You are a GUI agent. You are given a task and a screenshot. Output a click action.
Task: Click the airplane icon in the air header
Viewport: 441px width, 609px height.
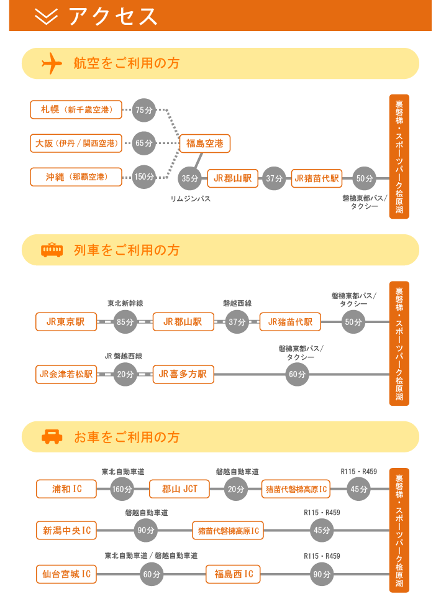coord(52,63)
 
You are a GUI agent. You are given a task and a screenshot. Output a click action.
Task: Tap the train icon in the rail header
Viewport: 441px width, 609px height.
coord(52,250)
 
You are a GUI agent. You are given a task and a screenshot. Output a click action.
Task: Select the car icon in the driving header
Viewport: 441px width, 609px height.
coord(52,436)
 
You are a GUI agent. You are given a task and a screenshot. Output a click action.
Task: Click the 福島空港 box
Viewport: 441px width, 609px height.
coord(205,144)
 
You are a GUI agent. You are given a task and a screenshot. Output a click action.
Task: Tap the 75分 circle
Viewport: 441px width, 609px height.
coord(143,110)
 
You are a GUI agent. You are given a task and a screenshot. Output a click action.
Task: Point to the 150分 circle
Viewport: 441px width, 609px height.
coord(143,176)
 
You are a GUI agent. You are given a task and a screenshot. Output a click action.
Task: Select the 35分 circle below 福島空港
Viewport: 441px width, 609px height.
coord(190,178)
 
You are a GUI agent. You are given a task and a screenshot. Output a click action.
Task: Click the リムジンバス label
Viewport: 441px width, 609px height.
coord(190,199)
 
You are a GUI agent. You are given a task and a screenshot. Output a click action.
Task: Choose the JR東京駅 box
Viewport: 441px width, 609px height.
coord(66,322)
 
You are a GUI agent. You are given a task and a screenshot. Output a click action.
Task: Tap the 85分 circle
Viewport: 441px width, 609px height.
coord(125,322)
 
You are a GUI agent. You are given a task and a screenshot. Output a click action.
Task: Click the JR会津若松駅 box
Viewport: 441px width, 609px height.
coord(66,374)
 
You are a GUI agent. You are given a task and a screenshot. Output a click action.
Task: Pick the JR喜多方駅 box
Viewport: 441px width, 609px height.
coord(183,374)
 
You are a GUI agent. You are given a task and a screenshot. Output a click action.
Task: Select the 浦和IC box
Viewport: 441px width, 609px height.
coord(67,489)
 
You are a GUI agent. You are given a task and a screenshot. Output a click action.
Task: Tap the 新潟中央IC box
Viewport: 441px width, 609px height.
coord(67,531)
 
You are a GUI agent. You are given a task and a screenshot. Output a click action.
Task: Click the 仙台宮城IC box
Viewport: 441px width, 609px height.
coord(67,574)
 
